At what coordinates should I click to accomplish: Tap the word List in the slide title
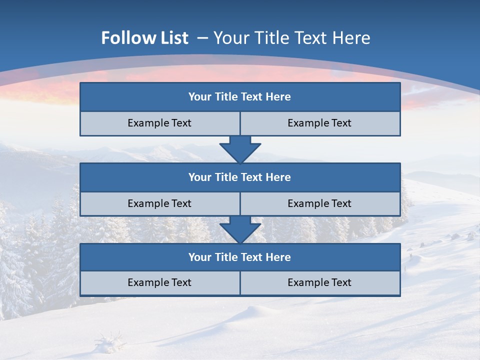tap(171, 38)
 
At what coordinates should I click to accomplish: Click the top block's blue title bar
tap(240, 97)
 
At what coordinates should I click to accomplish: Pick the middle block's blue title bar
tap(240, 177)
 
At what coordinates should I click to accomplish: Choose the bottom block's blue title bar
tap(240, 257)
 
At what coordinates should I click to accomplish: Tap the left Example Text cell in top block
tap(159, 123)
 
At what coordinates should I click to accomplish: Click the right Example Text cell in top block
tap(320, 123)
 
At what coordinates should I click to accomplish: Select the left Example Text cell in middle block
tap(159, 203)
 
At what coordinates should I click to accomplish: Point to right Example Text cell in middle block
tap(320, 203)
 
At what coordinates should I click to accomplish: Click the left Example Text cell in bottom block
tap(159, 282)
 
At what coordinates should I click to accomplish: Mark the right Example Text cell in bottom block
tap(320, 282)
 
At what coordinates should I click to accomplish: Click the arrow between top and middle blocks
tap(240, 149)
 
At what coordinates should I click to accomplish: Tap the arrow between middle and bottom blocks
tap(240, 229)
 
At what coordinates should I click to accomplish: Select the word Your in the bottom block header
tap(199, 257)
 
